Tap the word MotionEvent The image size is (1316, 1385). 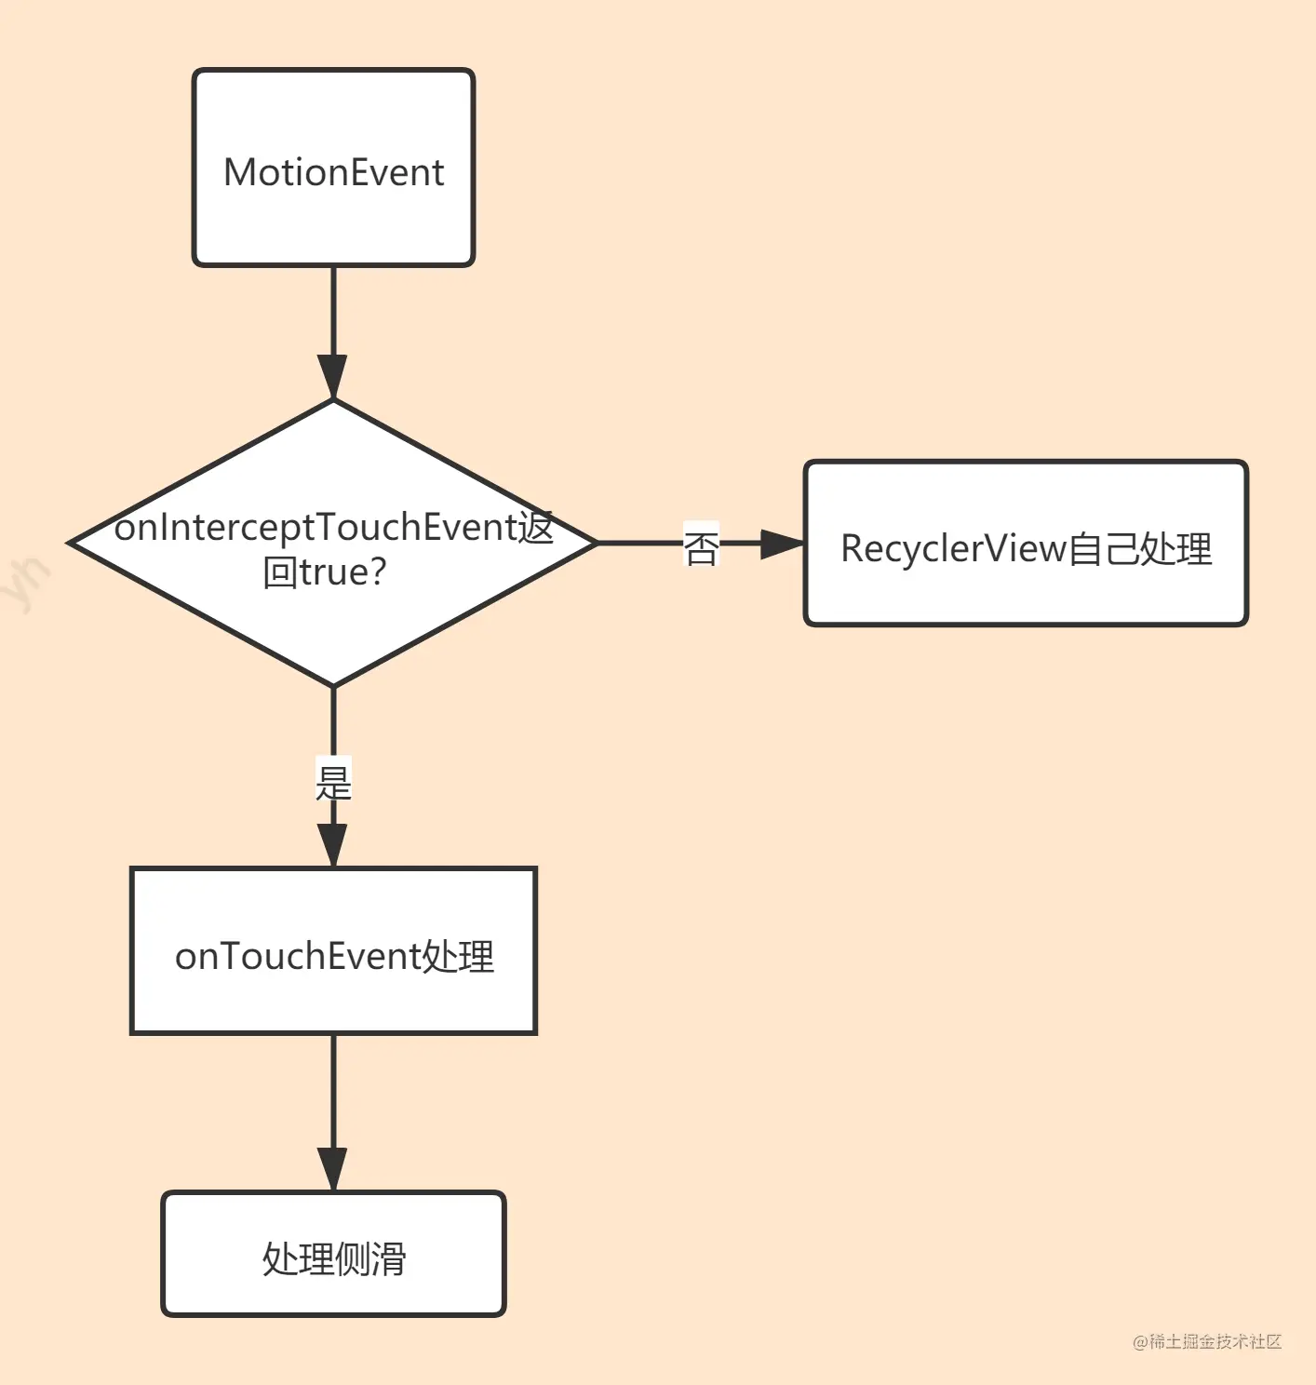pos(333,173)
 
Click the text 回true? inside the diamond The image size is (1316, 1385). pos(324,572)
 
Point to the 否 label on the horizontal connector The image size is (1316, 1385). pos(701,547)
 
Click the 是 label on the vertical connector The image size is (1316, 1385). pos(333,782)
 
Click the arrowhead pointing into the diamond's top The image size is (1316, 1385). pos(333,377)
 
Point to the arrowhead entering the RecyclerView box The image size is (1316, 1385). pos(781,544)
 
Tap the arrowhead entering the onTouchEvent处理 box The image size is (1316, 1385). pos(333,845)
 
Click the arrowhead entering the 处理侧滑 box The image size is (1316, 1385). pos(333,1169)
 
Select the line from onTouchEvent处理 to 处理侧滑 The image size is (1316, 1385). pos(333,1089)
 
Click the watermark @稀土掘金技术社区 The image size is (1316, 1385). pos(1207,1341)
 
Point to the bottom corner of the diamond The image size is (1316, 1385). pos(333,685)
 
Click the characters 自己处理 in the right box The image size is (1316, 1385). pos(1140,549)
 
